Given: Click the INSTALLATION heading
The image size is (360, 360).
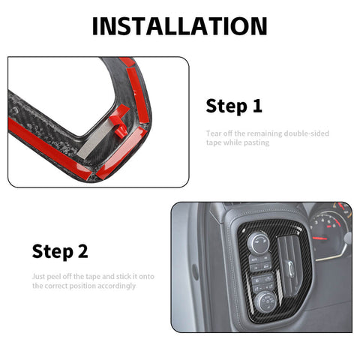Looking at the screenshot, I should [179, 25].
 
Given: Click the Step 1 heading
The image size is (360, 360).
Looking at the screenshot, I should [234, 106].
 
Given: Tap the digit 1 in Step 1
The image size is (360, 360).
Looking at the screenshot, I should [257, 106].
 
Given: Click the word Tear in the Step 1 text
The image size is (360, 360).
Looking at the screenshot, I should [214, 133].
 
